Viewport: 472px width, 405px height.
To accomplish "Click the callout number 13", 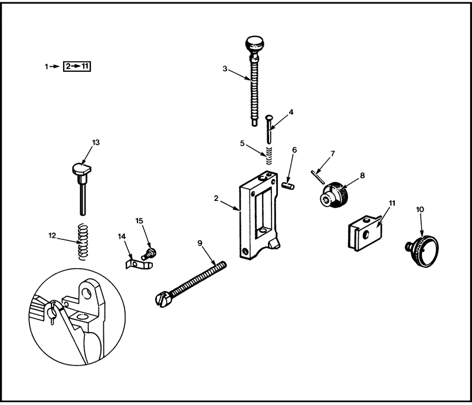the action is coord(96,143).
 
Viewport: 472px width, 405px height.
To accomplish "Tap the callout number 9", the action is coord(200,243).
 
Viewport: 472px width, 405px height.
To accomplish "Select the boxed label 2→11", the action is coord(77,67).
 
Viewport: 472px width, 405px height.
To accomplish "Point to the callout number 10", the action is coord(420,209).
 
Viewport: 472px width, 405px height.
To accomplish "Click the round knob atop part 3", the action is coord(255,43).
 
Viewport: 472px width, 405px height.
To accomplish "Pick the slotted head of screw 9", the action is coord(162,300).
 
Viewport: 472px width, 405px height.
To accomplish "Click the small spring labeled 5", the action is coord(269,156).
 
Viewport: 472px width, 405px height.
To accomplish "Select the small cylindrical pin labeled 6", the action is coord(288,185).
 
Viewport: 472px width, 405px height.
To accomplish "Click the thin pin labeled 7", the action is coord(317,177).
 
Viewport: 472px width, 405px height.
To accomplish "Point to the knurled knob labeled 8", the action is coord(334,195).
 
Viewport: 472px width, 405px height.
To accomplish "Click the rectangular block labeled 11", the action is coord(365,232).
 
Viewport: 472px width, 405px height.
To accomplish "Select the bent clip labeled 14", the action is coord(139,264).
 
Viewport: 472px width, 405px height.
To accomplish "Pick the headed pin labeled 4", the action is coord(269,129).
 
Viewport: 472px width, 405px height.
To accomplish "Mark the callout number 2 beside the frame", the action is coord(216,199).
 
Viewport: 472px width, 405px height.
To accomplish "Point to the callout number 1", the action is coord(47,67).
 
